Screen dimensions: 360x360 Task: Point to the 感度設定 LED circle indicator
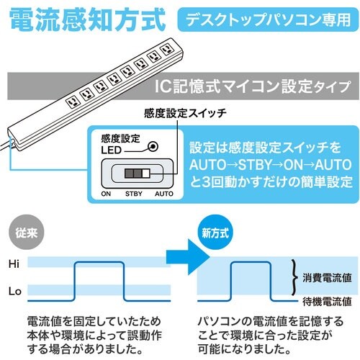(x=152, y=145)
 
